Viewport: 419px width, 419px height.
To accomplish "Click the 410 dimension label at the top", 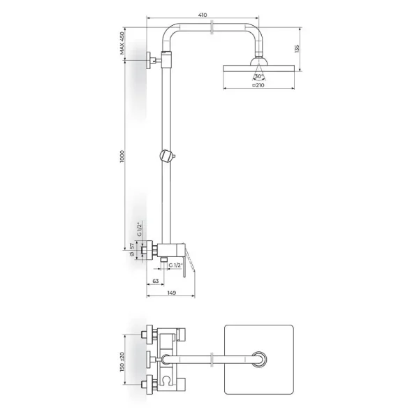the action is (x=203, y=15).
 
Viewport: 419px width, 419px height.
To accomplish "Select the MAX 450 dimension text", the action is (x=122, y=43).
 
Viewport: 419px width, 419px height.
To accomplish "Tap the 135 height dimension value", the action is (x=297, y=49).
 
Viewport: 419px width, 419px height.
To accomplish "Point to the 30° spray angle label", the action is (x=258, y=76).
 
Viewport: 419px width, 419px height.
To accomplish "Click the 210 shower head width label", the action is (x=258, y=85).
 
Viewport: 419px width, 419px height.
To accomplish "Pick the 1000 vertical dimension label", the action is (x=122, y=156).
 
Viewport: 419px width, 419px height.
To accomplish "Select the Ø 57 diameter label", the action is (x=132, y=249).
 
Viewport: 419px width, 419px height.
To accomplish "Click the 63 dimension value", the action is (x=156, y=281).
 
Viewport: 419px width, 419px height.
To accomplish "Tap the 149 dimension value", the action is (x=172, y=293).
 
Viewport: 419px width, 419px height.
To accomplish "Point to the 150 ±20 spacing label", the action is (x=122, y=362).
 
